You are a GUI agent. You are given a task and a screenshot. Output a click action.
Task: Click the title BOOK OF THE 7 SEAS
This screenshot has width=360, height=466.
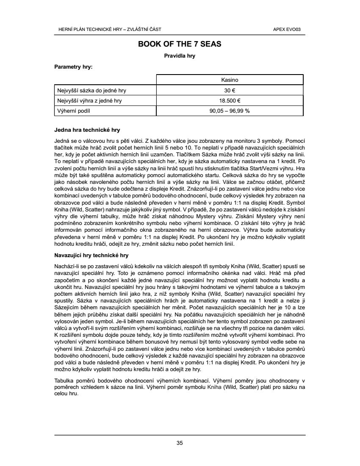(x=180, y=44)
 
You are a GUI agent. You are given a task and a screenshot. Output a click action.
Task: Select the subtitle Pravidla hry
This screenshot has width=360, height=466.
(x=180, y=55)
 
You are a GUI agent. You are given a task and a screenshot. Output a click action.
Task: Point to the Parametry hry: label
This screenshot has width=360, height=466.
(x=74, y=67)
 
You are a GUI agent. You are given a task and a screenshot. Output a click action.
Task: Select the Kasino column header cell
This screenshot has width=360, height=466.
(x=230, y=80)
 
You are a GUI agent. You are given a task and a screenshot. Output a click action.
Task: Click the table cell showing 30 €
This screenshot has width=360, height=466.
(x=230, y=90)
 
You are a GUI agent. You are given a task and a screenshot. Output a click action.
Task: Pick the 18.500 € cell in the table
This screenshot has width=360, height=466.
(x=230, y=101)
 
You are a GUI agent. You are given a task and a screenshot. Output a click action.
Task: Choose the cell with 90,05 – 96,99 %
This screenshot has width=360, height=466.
(x=230, y=111)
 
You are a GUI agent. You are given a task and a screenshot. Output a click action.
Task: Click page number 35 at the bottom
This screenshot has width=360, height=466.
(x=180, y=443)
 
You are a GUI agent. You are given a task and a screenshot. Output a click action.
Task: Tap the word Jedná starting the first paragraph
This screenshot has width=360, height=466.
(x=62, y=139)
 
